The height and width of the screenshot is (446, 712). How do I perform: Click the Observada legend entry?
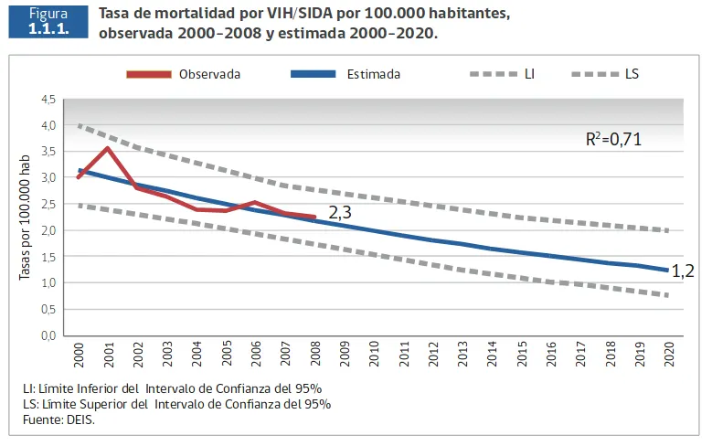(209, 74)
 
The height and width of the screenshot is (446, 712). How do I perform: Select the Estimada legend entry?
(373, 74)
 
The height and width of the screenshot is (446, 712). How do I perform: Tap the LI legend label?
(529, 74)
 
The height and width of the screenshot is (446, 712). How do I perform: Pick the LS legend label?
(632, 74)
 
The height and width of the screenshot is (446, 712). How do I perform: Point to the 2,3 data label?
(341, 212)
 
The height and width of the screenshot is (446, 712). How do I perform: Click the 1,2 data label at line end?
(683, 271)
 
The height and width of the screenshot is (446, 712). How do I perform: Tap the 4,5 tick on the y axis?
(48, 99)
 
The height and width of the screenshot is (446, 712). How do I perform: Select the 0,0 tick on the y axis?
(48, 336)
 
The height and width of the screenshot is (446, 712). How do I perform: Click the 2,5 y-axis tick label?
(48, 205)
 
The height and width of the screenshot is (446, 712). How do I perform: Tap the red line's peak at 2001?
(109, 148)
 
